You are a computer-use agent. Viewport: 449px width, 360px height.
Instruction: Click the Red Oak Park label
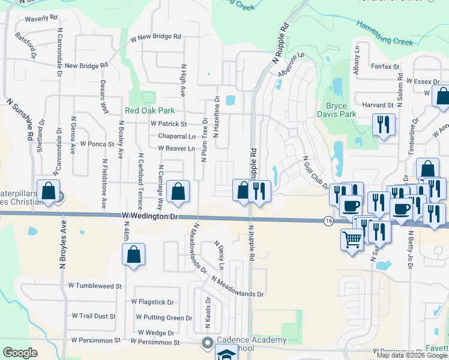coord(149,110)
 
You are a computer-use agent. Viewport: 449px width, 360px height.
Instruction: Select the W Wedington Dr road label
coord(151,215)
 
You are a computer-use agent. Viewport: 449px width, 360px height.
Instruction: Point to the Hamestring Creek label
coord(385,34)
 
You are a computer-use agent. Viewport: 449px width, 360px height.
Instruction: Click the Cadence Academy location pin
coord(207,343)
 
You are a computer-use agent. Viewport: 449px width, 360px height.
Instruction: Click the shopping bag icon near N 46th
coord(133,254)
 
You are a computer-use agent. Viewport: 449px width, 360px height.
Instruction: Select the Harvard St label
coord(378,104)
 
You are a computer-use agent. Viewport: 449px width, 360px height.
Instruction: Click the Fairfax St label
coord(385,67)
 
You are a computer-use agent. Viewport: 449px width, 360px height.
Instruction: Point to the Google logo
coord(20,353)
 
